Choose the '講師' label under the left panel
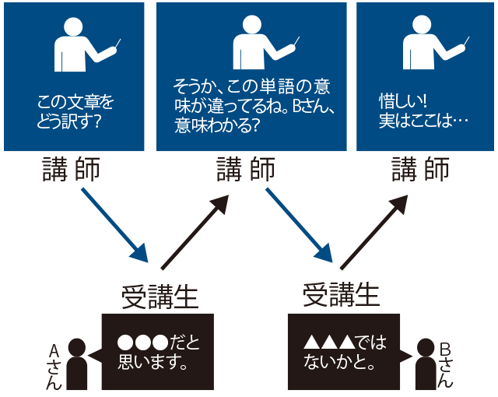(72, 170)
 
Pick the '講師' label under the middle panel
(245, 170)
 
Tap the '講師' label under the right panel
(420, 170)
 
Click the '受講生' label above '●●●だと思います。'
(160, 296)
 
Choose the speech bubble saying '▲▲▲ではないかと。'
(342, 351)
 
